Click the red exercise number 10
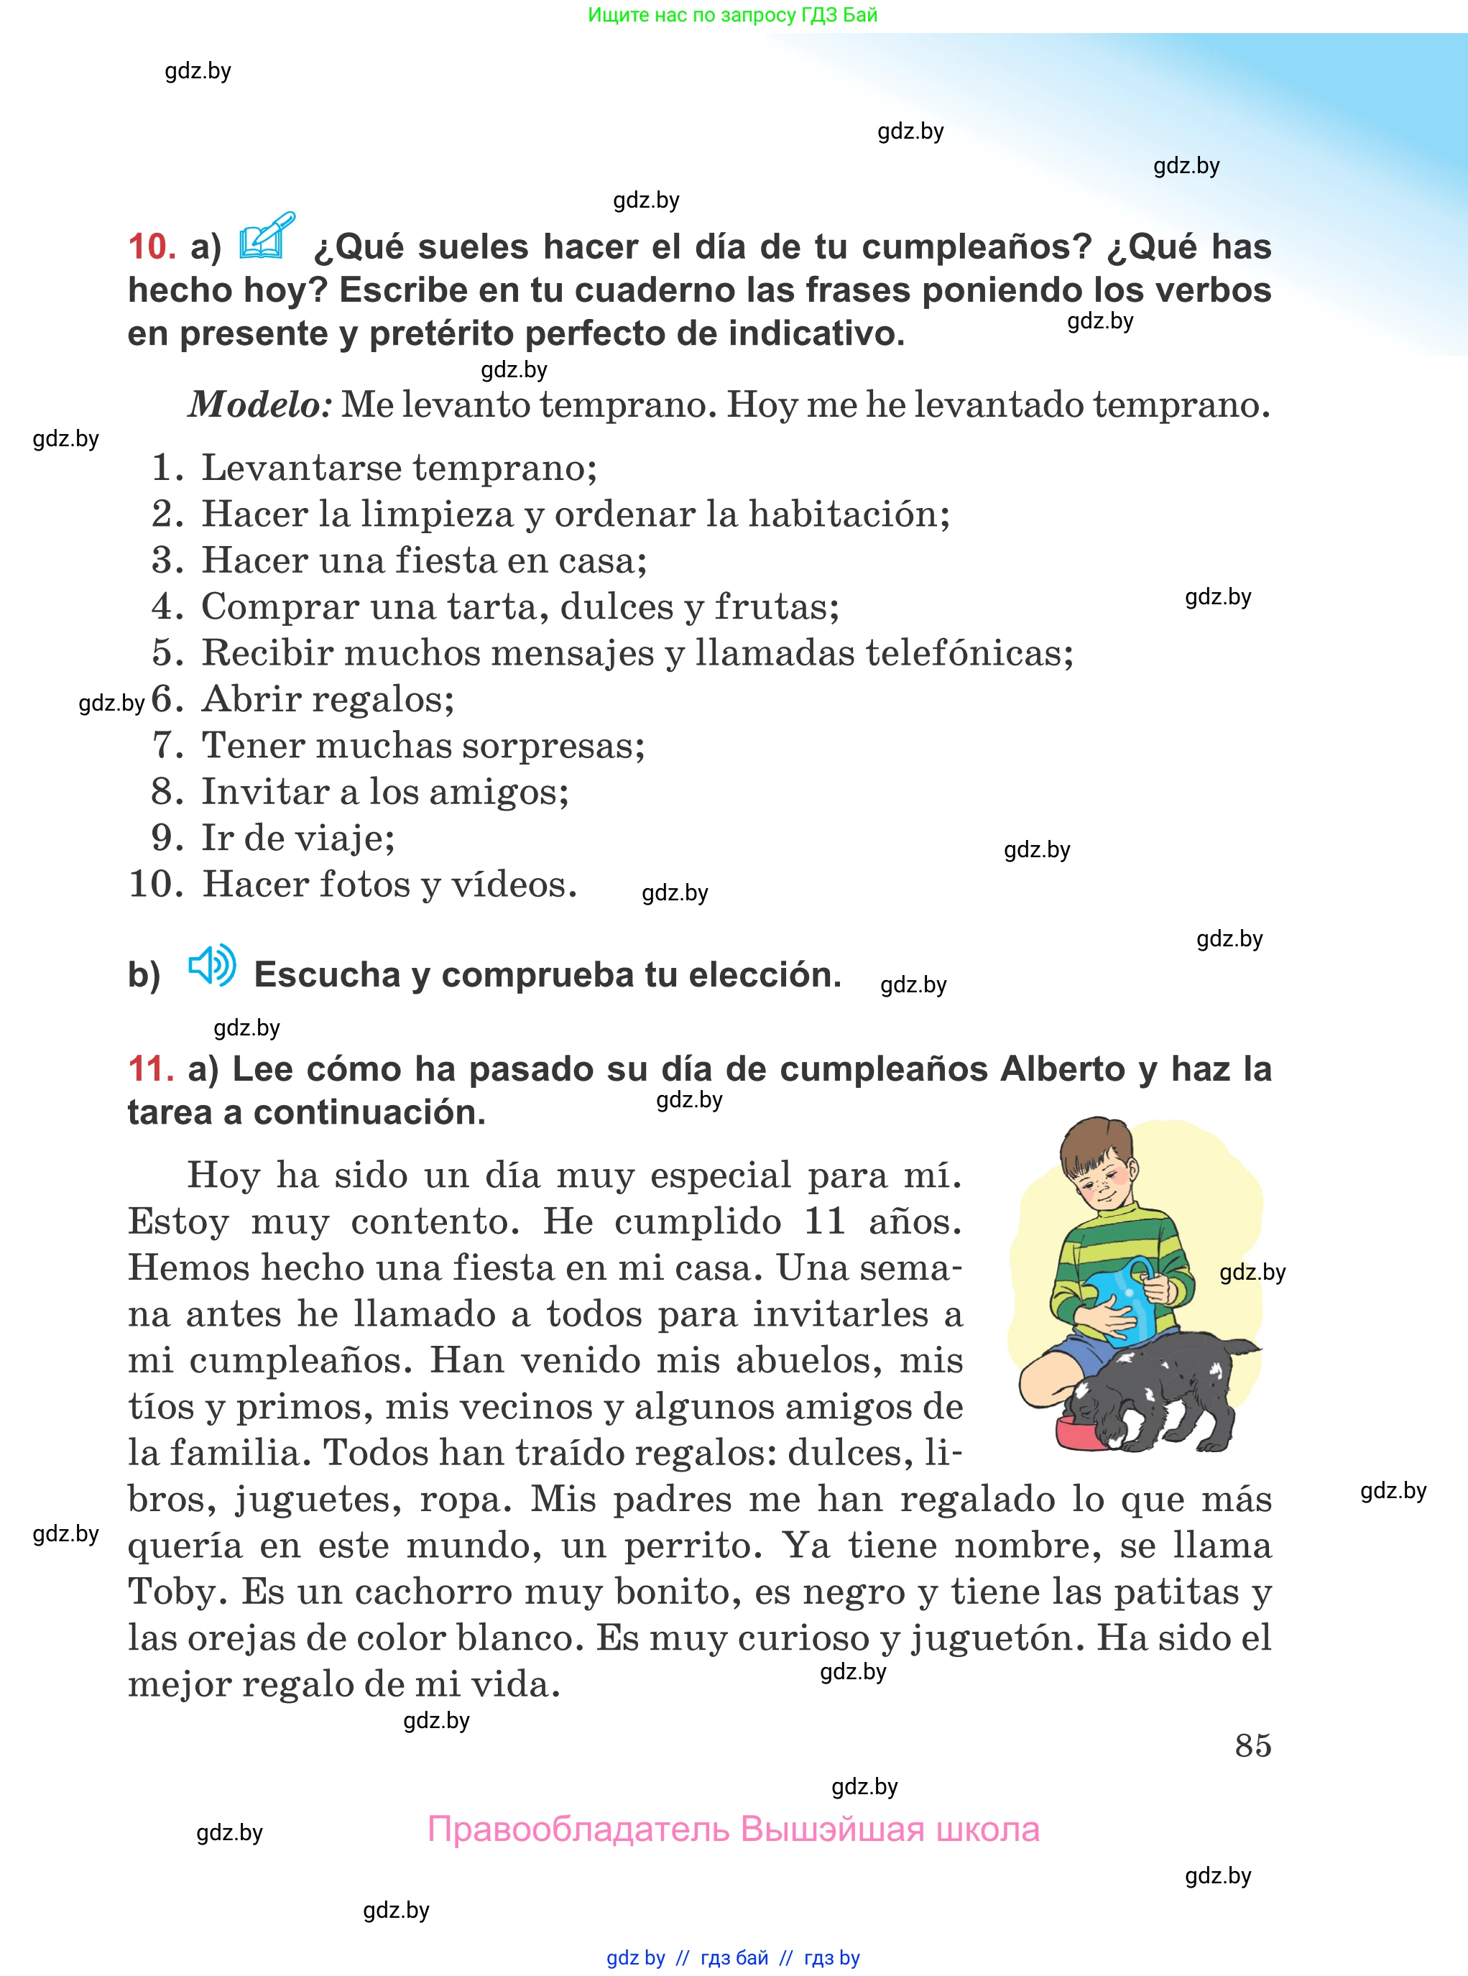(x=151, y=247)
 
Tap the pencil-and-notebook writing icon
(x=266, y=237)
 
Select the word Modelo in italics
(x=259, y=405)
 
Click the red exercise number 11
(x=150, y=1069)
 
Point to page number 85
(x=1253, y=1745)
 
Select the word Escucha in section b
(x=327, y=974)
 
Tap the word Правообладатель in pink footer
(x=578, y=1829)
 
